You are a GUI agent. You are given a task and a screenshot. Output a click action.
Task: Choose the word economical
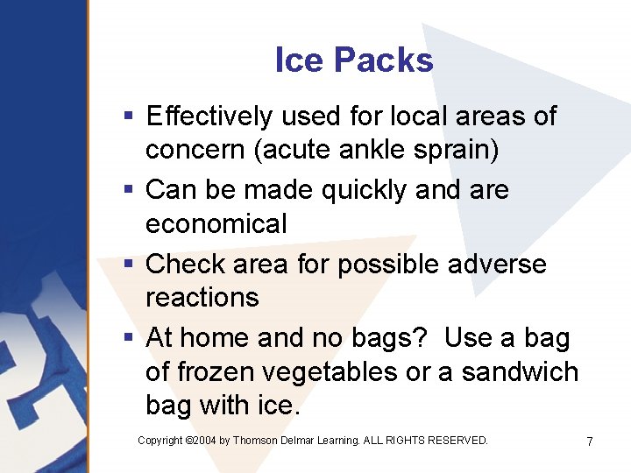pos(216,224)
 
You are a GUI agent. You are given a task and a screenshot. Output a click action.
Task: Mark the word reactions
pos(202,298)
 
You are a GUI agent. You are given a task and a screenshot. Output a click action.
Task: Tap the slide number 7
pos(590,441)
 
